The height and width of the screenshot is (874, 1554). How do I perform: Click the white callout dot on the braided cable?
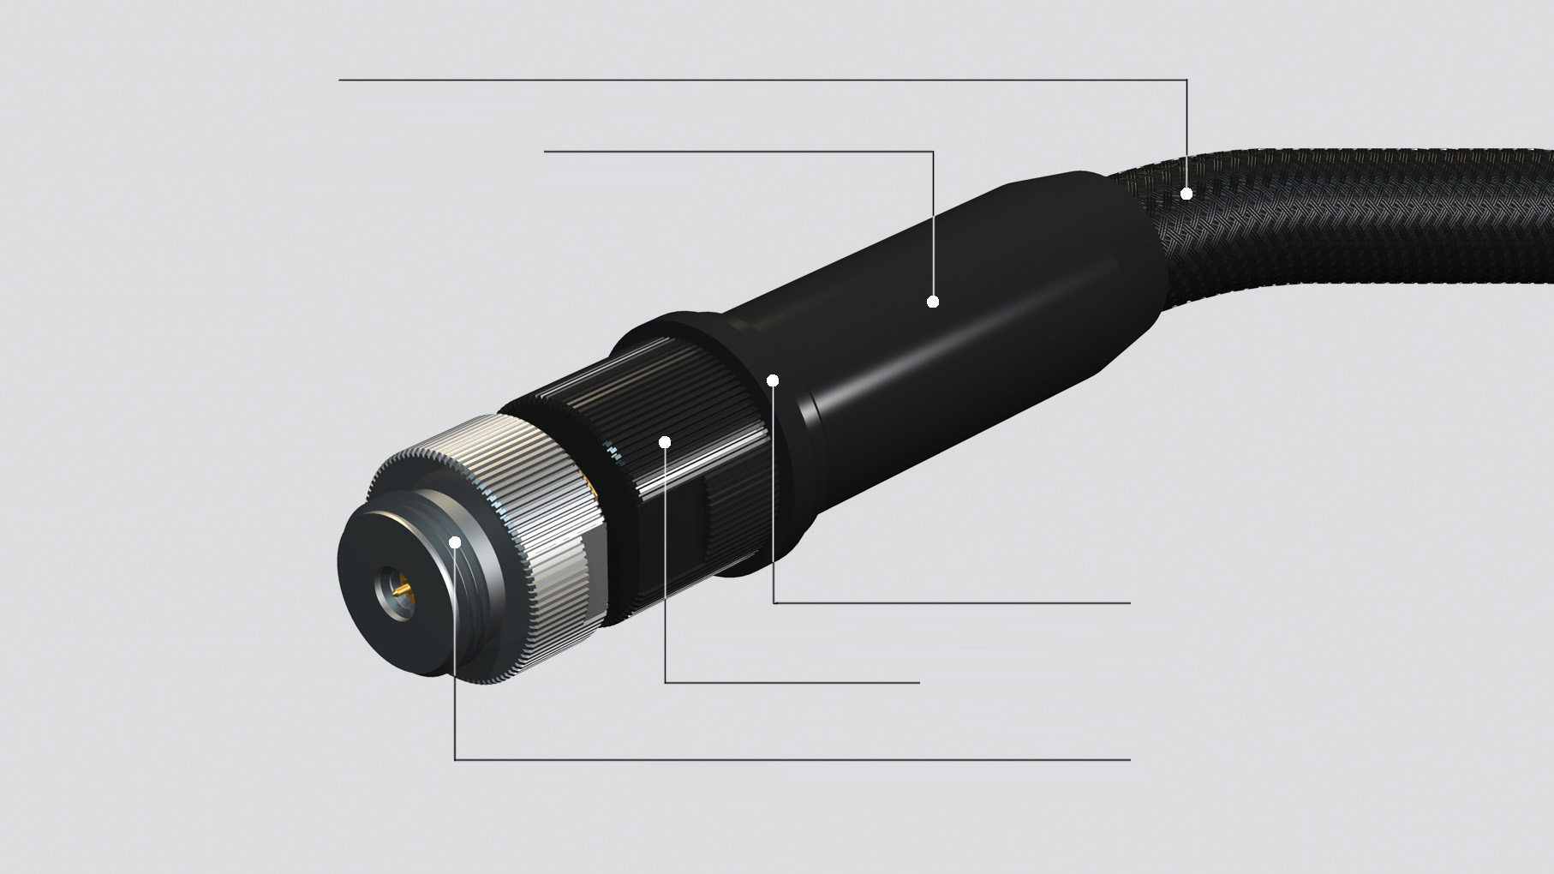[x=1186, y=194]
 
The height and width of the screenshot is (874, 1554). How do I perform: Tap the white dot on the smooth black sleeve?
[x=933, y=302]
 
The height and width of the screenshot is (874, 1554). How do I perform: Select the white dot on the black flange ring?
[x=773, y=380]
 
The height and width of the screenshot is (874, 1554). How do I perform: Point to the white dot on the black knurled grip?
[x=665, y=441]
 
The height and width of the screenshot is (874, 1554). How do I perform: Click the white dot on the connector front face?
[x=455, y=542]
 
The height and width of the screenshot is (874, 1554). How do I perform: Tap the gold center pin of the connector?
[x=400, y=591]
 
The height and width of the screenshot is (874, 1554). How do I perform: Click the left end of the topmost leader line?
[x=340, y=80]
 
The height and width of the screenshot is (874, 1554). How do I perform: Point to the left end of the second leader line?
[x=546, y=152]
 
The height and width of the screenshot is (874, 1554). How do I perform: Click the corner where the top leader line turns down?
[x=1186, y=80]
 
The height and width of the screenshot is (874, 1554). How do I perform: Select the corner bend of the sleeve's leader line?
[x=933, y=152]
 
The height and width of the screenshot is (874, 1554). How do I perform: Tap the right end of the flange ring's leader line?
[x=1129, y=602]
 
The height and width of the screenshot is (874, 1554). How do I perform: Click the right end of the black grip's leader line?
[x=918, y=683]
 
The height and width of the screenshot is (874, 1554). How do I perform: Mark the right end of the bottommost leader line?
[x=1129, y=759]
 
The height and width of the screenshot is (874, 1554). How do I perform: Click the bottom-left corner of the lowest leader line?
[x=455, y=759]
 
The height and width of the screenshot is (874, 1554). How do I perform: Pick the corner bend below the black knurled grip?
[x=665, y=683]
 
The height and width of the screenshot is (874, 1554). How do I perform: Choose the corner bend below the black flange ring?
[x=773, y=602]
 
